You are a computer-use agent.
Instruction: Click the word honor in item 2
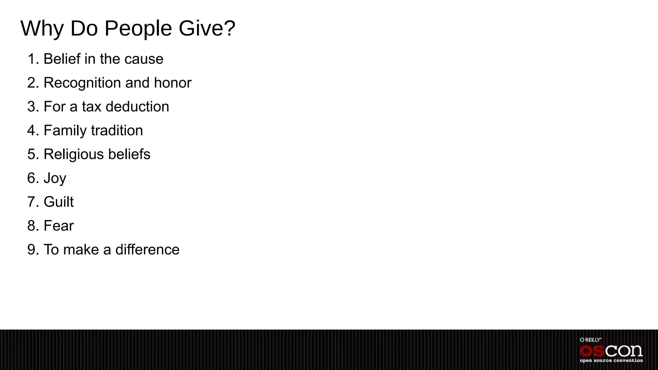[173, 83]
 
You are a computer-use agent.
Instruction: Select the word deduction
[137, 107]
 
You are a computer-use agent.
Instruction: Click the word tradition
[117, 131]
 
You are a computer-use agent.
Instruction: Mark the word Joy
[55, 178]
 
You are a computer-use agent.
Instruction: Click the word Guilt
[58, 202]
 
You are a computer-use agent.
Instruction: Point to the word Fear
[58, 226]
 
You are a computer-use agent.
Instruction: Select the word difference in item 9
[147, 250]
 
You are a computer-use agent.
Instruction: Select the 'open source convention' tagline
[611, 361]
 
